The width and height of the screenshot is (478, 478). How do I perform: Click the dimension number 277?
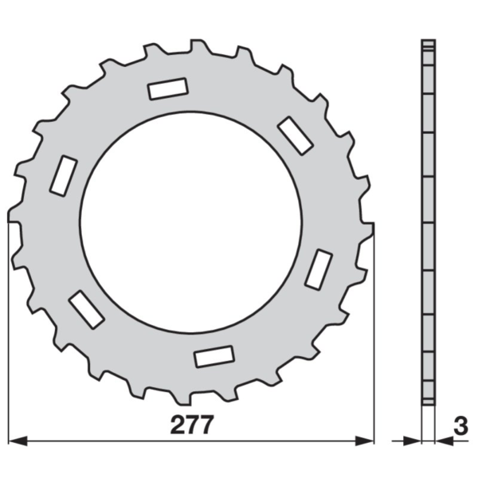[x=191, y=425]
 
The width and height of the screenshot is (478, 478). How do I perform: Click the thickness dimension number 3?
[x=460, y=426]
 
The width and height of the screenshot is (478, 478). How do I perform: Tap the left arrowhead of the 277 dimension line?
[x=18, y=441]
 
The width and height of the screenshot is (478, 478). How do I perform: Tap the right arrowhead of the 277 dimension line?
[x=364, y=441]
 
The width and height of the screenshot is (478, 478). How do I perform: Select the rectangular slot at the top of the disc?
[x=168, y=88]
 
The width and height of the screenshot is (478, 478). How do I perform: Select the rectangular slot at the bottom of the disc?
[x=214, y=356]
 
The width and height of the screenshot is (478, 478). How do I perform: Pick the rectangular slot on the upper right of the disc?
[x=295, y=135]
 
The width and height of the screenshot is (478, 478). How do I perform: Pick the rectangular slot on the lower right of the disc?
[x=319, y=269]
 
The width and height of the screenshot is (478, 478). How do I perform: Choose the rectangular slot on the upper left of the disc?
[x=64, y=175]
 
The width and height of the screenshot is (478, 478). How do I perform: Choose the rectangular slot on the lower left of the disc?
[x=87, y=309]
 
